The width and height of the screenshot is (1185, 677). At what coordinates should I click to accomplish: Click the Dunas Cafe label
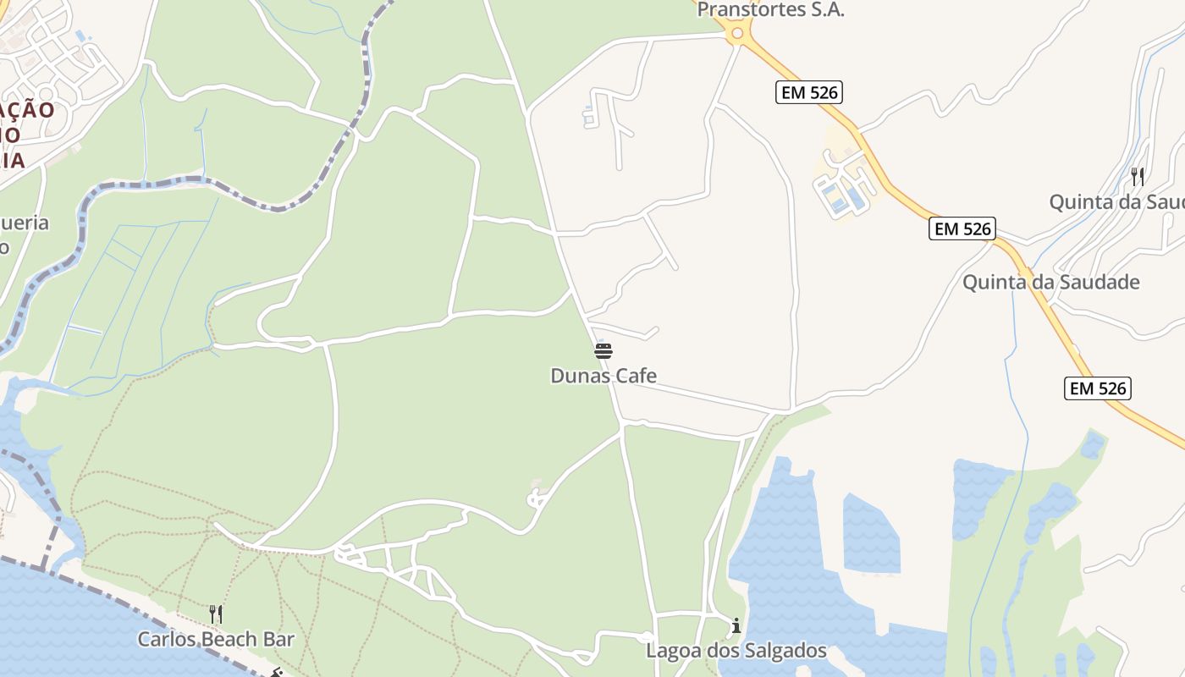[x=604, y=376]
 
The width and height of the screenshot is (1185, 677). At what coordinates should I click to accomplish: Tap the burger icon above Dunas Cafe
[x=604, y=351]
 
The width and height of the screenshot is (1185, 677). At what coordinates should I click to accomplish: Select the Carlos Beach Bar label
[x=216, y=639]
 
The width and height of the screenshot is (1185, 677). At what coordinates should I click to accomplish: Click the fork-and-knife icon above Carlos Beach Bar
[x=216, y=614]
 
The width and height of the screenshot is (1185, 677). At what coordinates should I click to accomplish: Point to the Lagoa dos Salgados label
[x=736, y=651]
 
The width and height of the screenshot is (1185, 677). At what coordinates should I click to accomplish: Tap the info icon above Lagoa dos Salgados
[x=736, y=626]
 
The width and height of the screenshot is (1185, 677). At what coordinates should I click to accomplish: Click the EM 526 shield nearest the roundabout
[x=809, y=92]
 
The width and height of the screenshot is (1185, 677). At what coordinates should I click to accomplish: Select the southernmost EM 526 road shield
[x=1098, y=388]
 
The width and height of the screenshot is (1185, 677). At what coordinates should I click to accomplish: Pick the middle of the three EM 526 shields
[x=962, y=228]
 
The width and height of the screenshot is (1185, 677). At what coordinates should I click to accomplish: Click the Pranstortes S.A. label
[x=770, y=10]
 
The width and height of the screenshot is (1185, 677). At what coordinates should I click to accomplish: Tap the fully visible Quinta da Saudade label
[x=1050, y=282]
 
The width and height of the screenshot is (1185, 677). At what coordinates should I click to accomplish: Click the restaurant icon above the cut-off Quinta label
[x=1138, y=177]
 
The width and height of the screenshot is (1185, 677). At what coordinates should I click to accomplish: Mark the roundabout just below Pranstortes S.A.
[x=736, y=34]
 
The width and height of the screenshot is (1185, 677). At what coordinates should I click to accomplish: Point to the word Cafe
[x=636, y=376]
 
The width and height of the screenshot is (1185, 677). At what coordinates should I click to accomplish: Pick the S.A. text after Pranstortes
[x=825, y=10]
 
